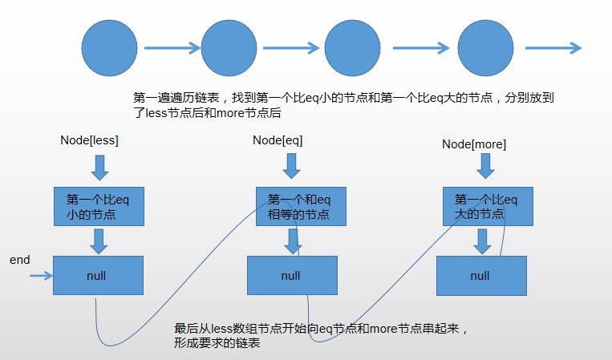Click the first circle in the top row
click(x=111, y=47)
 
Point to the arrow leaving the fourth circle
click(x=553, y=48)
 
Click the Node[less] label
click(x=89, y=141)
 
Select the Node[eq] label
click(x=278, y=140)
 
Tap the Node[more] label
click(x=474, y=144)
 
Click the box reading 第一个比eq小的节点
click(x=98, y=207)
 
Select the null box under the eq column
click(x=291, y=276)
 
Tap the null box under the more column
click(x=480, y=276)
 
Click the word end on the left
click(x=19, y=260)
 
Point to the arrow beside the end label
click(x=40, y=277)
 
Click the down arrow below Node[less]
click(x=99, y=168)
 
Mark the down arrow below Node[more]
click(x=484, y=166)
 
